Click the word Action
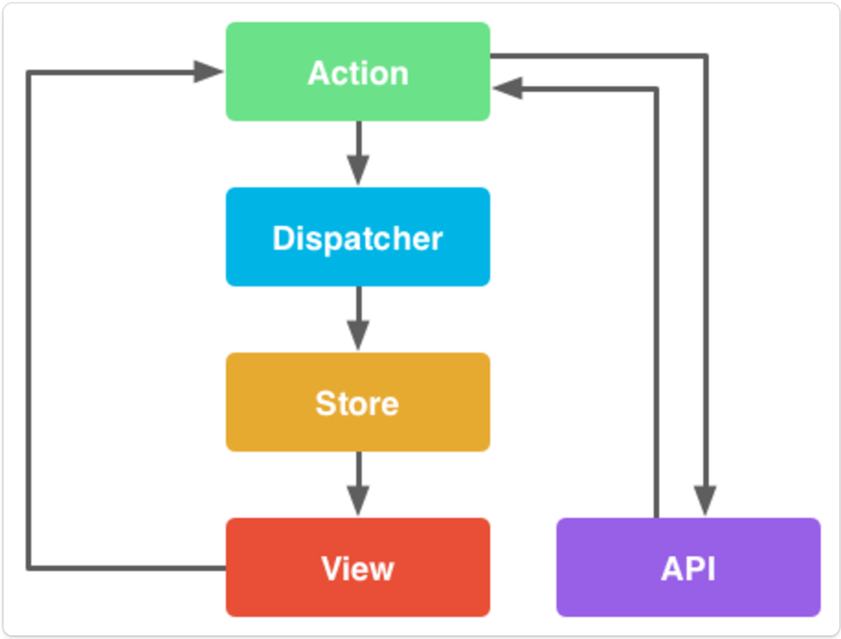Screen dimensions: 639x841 click(x=358, y=73)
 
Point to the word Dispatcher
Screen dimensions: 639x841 click(x=358, y=239)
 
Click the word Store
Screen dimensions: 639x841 click(x=358, y=404)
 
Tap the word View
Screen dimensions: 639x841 click(x=358, y=569)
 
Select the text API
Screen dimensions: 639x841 click(x=689, y=569)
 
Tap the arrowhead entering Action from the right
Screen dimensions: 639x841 click(x=507, y=89)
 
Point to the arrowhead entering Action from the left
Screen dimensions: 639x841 click(x=208, y=72)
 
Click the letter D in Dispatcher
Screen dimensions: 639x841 click(x=282, y=239)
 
